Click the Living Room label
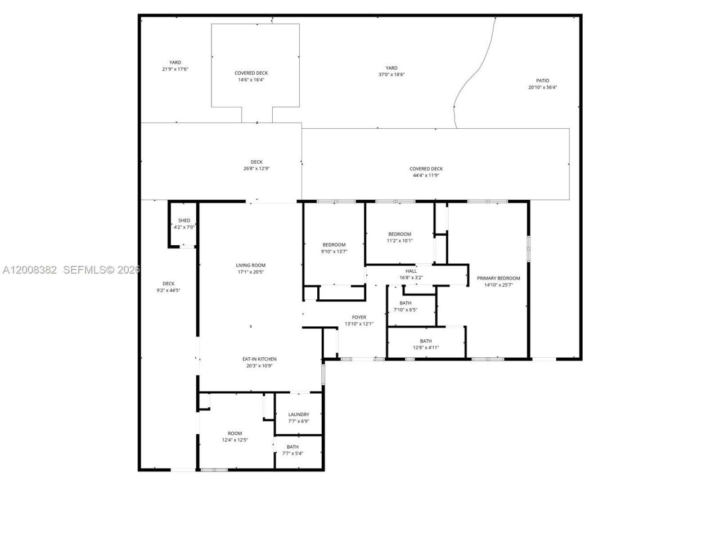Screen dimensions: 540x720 (x=250, y=265)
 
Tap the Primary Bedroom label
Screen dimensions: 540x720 (x=498, y=278)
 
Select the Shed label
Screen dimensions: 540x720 (x=184, y=220)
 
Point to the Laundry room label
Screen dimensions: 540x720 (x=299, y=415)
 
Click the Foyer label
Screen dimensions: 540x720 (x=359, y=317)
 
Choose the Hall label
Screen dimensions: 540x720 (x=411, y=271)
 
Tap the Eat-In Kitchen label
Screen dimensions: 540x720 (x=259, y=359)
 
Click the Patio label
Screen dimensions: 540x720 (x=542, y=80)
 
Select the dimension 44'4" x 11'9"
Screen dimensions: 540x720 (x=426, y=175)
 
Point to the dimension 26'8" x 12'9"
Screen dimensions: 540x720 (x=256, y=169)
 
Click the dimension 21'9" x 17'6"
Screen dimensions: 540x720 (x=175, y=69)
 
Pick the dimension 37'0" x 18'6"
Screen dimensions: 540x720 (x=391, y=74)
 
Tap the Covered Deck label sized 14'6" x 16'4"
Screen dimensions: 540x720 (x=251, y=73)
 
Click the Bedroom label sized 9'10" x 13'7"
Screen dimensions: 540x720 (x=334, y=245)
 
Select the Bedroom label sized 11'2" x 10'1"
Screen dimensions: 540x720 (x=399, y=234)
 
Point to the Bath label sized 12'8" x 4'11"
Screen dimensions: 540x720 (x=426, y=341)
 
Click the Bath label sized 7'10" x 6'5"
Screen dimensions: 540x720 (x=405, y=303)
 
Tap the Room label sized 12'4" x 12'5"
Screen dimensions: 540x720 (x=235, y=433)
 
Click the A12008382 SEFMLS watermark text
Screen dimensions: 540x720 (x=71, y=270)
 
